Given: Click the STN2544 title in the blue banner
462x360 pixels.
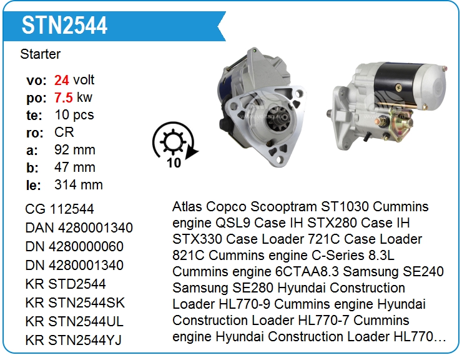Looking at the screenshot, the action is [x=64, y=26].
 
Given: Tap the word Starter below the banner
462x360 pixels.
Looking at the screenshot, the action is [x=41, y=54].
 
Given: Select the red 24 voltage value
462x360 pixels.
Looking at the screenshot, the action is [x=62, y=80].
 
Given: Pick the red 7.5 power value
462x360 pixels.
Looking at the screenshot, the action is [x=63, y=97].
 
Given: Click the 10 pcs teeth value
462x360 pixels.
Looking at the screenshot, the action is [x=74, y=115].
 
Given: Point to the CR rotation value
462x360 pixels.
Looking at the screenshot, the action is [x=64, y=132].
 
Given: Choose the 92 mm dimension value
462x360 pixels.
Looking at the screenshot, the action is [x=75, y=150].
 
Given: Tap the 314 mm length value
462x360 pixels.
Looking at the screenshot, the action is [x=79, y=185].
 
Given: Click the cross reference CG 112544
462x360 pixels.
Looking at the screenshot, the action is [x=59, y=209].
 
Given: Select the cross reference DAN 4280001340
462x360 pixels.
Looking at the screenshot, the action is [x=79, y=228].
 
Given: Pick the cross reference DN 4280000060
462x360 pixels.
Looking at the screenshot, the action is [x=74, y=247].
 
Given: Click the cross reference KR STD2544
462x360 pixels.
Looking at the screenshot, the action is [x=66, y=284].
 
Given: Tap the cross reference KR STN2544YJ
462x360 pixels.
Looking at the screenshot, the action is [x=74, y=340].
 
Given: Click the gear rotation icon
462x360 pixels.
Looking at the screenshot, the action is [x=174, y=142].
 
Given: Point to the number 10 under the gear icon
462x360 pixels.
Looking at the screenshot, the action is [x=174, y=163].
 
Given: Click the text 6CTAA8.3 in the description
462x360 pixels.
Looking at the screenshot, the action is [x=307, y=272].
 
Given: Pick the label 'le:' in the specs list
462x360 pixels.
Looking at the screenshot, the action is [x=33, y=185].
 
